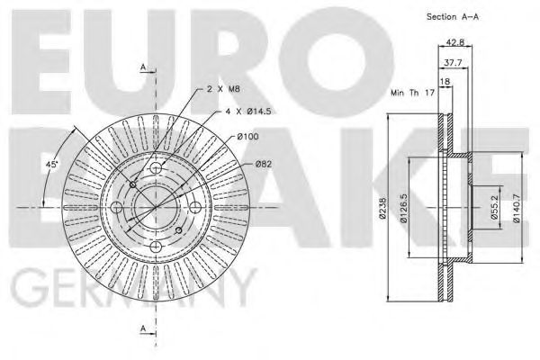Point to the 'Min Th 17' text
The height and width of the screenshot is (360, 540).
(409, 93)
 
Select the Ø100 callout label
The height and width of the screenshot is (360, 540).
(248, 136)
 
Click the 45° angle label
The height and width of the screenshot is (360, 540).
(54, 165)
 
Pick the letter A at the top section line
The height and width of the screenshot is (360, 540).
(142, 67)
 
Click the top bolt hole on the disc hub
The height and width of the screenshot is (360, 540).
(156, 170)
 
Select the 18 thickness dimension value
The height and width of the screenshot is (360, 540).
(444, 82)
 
